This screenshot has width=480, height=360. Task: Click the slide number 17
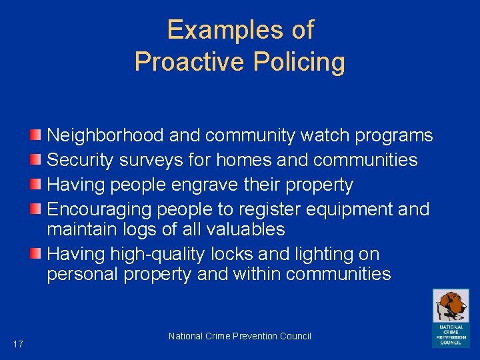pyautogui.click(x=18, y=344)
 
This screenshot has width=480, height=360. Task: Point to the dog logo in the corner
pyautogui.click(x=450, y=317)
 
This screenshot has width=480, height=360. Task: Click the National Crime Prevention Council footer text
pyautogui.click(x=240, y=336)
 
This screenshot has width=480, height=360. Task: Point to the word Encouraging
pyautogui.click(x=99, y=210)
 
